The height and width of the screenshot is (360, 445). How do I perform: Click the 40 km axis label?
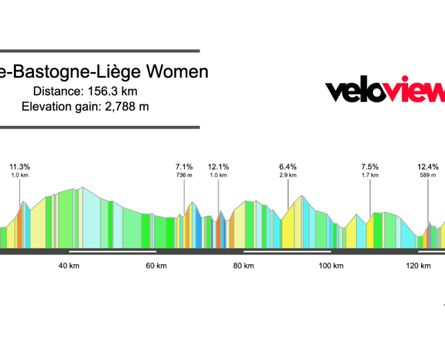[69, 266]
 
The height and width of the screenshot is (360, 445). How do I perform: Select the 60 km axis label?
[156, 266]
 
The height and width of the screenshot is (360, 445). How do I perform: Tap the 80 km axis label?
[243, 266]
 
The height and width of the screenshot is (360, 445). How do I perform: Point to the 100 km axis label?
[331, 266]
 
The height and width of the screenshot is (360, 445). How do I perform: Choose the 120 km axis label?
[418, 266]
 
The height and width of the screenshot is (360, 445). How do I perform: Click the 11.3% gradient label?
[20, 167]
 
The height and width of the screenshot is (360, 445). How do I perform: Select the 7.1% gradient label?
[184, 167]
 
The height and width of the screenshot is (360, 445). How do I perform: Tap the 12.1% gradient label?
[219, 167]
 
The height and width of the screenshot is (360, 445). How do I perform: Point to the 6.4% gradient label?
[288, 167]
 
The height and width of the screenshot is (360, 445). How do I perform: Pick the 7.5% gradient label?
[370, 167]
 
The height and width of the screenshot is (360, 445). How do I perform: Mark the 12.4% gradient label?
[428, 167]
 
